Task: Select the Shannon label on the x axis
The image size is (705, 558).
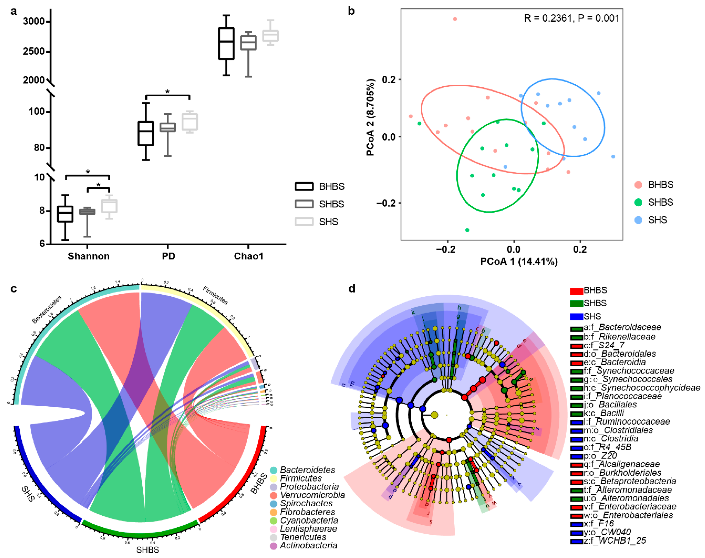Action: point(88,256)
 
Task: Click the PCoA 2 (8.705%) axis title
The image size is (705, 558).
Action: point(371,117)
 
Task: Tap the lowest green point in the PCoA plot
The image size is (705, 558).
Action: point(467,230)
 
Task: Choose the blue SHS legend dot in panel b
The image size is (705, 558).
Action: point(638,220)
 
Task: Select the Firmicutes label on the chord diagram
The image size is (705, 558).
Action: point(215,295)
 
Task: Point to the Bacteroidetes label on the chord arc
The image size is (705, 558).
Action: point(47,309)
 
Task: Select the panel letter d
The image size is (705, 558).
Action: point(351,289)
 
